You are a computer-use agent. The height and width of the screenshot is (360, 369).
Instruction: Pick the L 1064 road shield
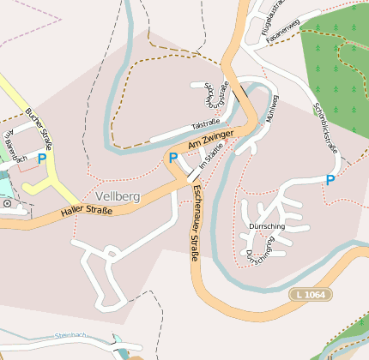click(x=310, y=294)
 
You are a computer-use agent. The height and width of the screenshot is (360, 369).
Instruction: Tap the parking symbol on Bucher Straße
click(x=41, y=159)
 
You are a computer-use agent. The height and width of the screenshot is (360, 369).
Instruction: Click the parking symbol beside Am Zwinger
click(x=172, y=158)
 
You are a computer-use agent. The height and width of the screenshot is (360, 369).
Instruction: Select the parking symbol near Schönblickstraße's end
click(x=330, y=180)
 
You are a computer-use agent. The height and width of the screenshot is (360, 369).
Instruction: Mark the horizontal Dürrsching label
click(x=265, y=225)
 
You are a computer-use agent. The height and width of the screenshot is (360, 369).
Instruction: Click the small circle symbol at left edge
click(x=7, y=204)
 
